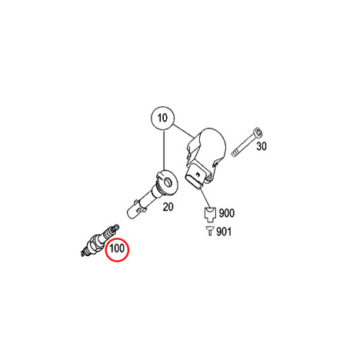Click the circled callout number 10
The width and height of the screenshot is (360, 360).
coord(162,118)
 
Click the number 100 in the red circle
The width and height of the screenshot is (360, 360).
coord(117,248)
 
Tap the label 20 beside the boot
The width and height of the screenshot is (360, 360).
coord(168,207)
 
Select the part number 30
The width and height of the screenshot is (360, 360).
coord(262,146)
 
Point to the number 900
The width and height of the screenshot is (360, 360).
coord(227,213)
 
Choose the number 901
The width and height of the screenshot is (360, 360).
coord(224,232)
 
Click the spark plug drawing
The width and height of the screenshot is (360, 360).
coord(99,240)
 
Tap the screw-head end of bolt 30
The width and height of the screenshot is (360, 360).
coord(258,132)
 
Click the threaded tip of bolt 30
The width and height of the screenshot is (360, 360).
coord(234,155)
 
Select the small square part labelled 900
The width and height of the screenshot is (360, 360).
coord(210,214)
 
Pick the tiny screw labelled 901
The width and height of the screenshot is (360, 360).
coord(209,232)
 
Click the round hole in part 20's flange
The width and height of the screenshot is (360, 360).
coord(168,183)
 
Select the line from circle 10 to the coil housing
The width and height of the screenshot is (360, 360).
coord(183,131)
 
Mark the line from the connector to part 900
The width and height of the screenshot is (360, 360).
coord(205,198)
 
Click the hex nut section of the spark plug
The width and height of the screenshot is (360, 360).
coord(92,245)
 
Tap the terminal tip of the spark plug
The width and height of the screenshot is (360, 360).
coord(116,227)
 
